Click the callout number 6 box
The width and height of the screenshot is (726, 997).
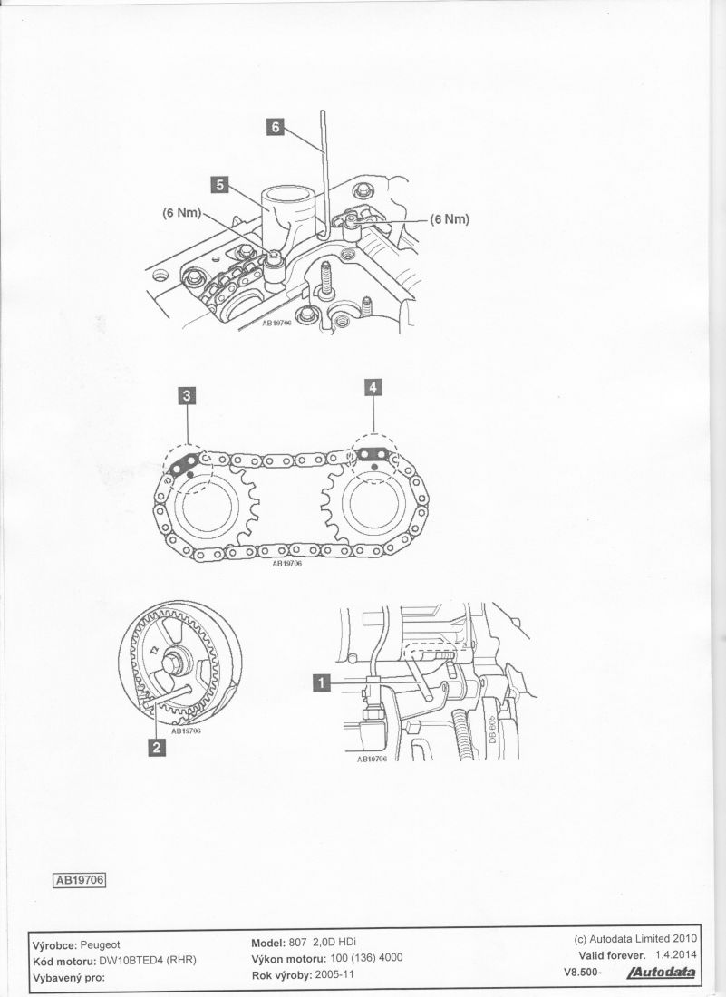pyautogui.click(x=276, y=127)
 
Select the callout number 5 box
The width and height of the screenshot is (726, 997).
pyautogui.click(x=220, y=184)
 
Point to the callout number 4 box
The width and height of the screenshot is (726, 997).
pyautogui.click(x=373, y=387)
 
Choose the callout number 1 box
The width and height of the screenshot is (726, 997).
pyautogui.click(x=323, y=682)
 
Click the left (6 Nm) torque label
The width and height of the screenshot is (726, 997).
pyautogui.click(x=182, y=213)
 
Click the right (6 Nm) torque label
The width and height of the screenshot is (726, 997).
pyautogui.click(x=450, y=219)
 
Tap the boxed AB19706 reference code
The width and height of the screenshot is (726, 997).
pyautogui.click(x=79, y=880)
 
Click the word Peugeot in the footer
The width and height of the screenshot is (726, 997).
pyautogui.click(x=100, y=944)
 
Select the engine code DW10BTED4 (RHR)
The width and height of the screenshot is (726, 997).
pyautogui.click(x=148, y=960)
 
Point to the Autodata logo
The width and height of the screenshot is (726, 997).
pyautogui.click(x=661, y=973)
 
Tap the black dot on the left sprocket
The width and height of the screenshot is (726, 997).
pyautogui.click(x=191, y=474)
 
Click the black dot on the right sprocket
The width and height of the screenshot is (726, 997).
pyautogui.click(x=373, y=468)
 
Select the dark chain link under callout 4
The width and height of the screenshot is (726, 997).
pyautogui.click(x=372, y=454)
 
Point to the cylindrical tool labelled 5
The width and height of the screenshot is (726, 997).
pyautogui.click(x=289, y=213)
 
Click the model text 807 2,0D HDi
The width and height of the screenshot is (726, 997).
pyautogui.click(x=323, y=942)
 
